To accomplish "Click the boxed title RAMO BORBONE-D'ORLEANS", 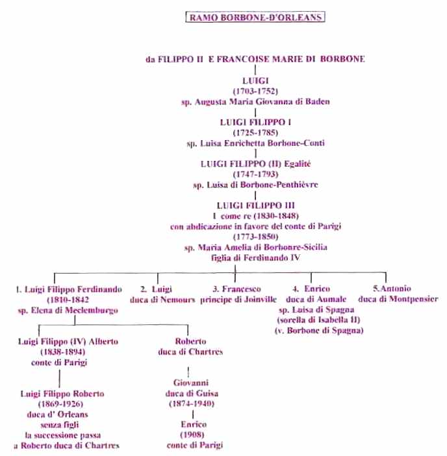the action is [255, 17].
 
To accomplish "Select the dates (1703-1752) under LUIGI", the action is [255, 91].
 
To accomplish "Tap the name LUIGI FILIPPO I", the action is [255, 122].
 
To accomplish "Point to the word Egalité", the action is [298, 164].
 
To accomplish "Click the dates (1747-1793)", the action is [255, 174].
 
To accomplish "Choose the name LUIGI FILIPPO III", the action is [255, 206].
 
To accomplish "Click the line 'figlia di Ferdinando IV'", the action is [255, 258].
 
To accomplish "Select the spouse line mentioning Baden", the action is [255, 102].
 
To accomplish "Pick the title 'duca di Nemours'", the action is [162, 300].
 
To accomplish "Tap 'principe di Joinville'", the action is [238, 300].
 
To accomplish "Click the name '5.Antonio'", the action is [392, 289].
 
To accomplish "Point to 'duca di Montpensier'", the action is [398, 299].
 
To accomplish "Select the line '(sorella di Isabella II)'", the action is [318, 320].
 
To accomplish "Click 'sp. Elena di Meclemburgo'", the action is [68, 310].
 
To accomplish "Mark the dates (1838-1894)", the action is [62, 352].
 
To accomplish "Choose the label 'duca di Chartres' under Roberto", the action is [190, 352].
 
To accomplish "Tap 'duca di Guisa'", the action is [192, 394].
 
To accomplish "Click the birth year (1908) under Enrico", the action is [192, 435].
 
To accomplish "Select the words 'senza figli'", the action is [59, 425].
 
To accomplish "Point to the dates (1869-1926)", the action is [60, 404].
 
